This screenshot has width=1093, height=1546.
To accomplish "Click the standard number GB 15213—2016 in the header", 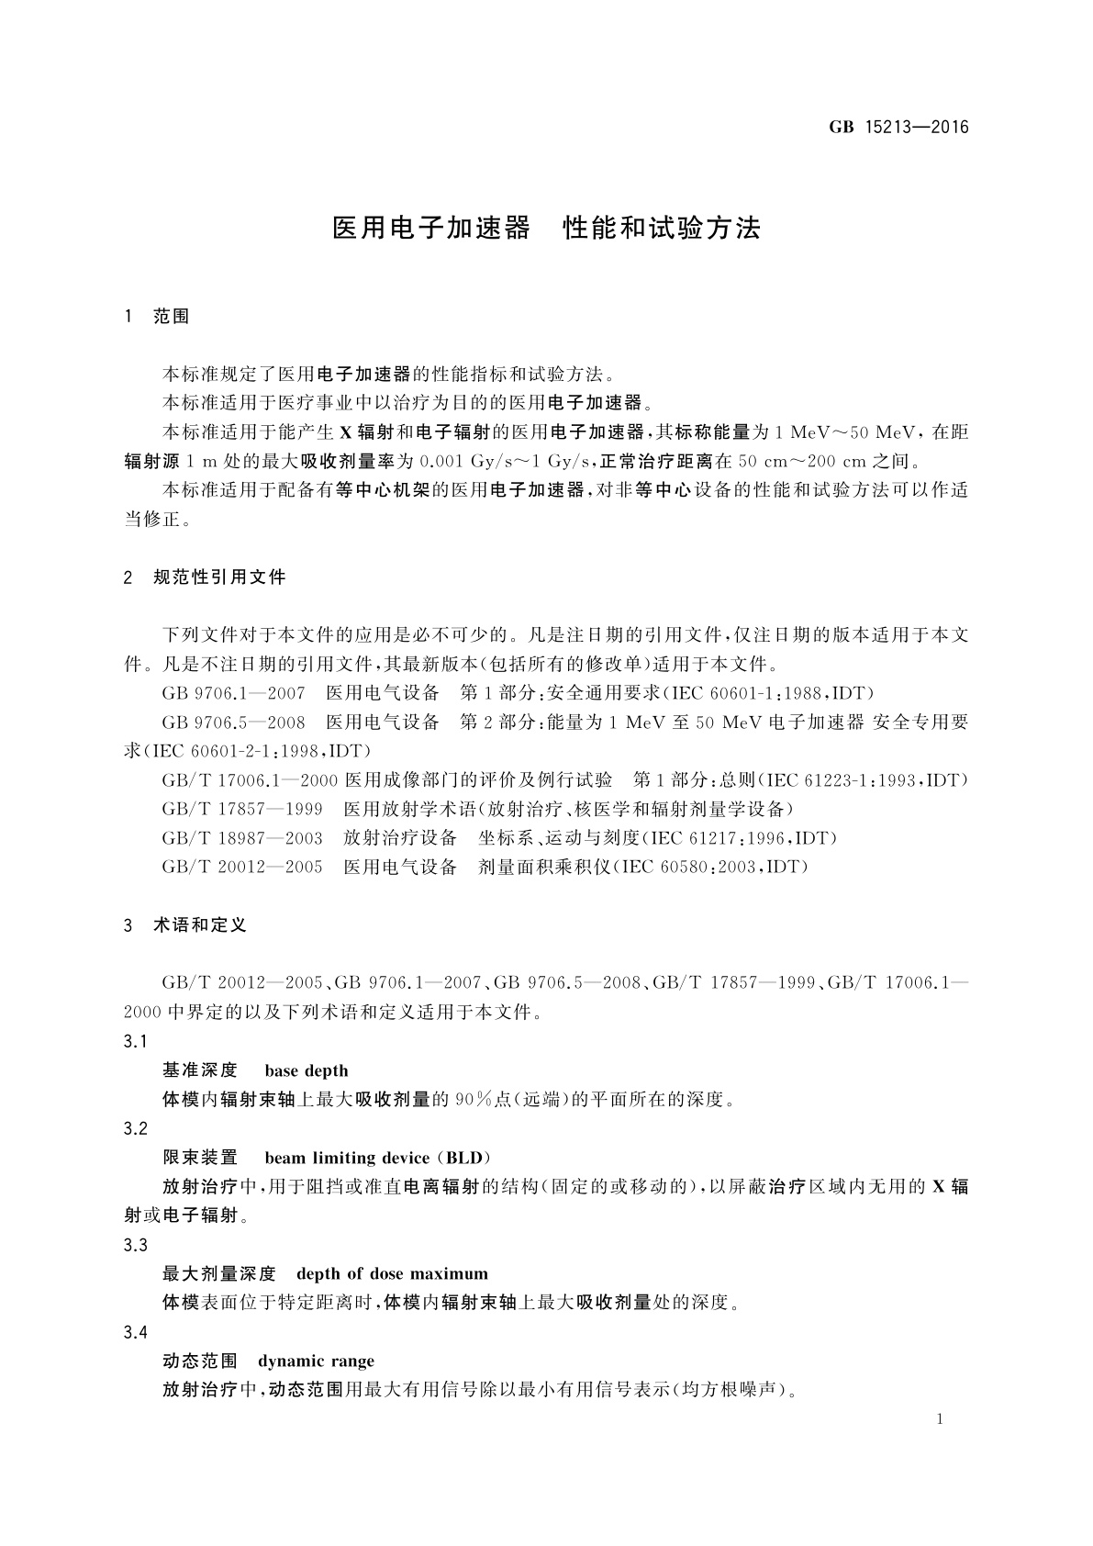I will click(x=898, y=128).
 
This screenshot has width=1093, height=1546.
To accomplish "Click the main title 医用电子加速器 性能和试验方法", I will click(x=546, y=229).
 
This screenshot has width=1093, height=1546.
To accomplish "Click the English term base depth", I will click(x=306, y=1070).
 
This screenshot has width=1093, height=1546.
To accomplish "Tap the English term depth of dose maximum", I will click(x=392, y=1273).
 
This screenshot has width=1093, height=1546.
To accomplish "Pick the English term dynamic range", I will click(x=316, y=1361).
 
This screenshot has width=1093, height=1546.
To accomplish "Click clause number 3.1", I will click(x=135, y=1042).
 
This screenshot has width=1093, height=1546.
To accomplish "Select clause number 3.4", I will click(x=135, y=1332).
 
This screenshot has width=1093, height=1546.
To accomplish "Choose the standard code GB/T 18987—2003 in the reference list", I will click(x=242, y=838).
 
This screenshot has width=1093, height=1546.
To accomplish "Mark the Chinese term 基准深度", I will click(x=200, y=1070).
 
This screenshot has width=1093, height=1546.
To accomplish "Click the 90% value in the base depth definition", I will click(x=474, y=1100).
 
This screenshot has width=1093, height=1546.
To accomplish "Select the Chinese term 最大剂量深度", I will click(x=219, y=1273).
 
